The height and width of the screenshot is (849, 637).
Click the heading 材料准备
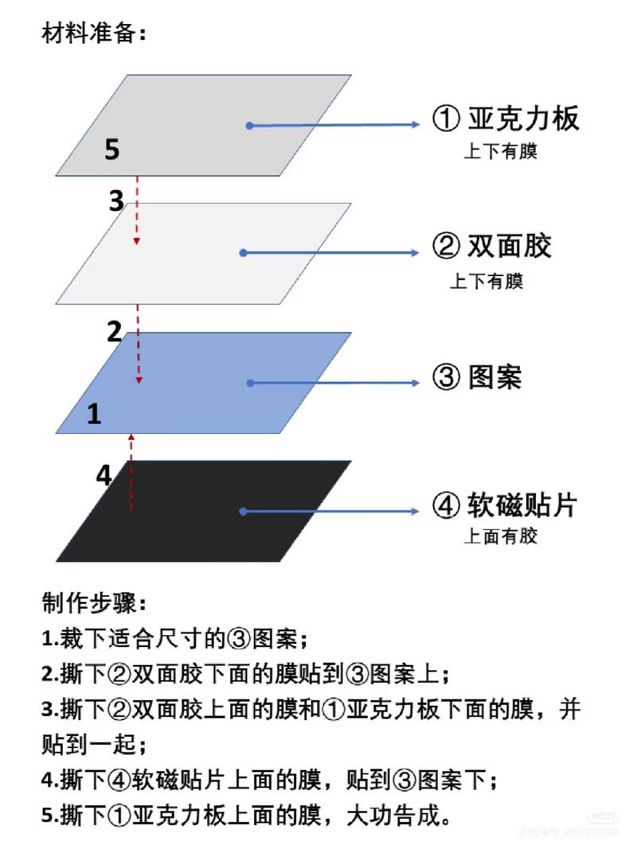pos(93,35)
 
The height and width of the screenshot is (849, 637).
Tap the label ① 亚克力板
pos(506,119)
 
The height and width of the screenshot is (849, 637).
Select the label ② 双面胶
pos(491,247)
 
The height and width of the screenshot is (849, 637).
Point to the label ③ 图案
pos(476,376)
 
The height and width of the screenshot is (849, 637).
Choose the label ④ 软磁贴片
pos(504,505)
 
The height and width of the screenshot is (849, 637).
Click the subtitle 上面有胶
pos(501,535)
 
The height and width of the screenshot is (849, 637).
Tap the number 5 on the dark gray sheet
pos(111,150)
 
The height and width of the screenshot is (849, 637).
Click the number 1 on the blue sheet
pos(94,414)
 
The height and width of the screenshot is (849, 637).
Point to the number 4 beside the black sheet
pos(104,475)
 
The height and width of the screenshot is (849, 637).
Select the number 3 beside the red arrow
pos(116,201)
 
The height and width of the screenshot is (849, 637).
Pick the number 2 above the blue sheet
pos(115,331)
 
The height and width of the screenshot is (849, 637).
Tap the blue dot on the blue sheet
pos(250,383)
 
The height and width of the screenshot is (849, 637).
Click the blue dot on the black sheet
pos(242,512)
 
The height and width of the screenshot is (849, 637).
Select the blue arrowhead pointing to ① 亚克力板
pos(413,125)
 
